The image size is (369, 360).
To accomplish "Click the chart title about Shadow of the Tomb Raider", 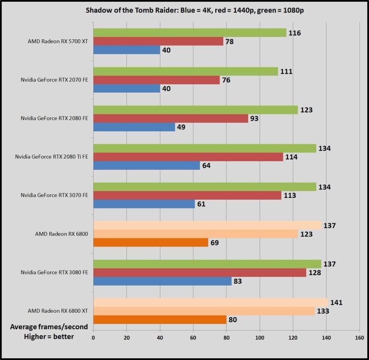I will coord(194,10).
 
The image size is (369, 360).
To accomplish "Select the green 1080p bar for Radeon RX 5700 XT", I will coord(190,33).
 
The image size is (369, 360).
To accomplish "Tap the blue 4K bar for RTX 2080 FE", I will coord(134,127).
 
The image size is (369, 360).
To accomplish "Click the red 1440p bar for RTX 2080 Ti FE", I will coord(188,157).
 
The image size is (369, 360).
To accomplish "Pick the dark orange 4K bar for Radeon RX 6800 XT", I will coord(160,319).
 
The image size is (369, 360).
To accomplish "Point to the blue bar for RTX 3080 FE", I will coord(162,281).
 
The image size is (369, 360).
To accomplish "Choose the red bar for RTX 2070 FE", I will coord(157,80).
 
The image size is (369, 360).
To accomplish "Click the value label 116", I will coord(294,33).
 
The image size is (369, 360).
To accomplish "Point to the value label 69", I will coord(215,243).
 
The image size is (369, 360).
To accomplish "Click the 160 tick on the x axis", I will coord(360,338).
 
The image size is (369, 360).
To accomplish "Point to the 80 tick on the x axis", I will coord(227,338).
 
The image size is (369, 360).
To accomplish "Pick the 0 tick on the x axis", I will coord(94,338).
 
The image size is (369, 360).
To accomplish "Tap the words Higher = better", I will coord(49,336).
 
